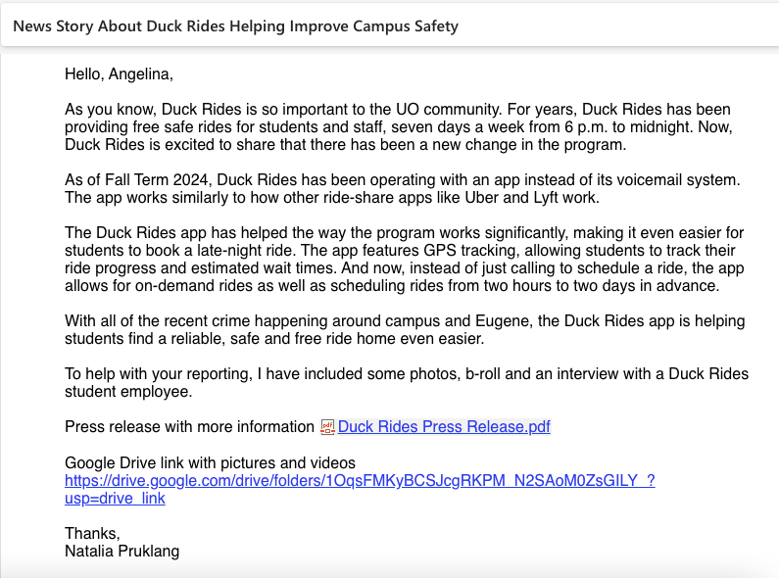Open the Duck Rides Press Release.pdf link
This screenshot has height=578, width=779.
click(x=444, y=427)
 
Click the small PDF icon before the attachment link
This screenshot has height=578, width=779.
click(x=328, y=427)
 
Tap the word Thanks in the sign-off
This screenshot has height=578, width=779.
click(x=90, y=534)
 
